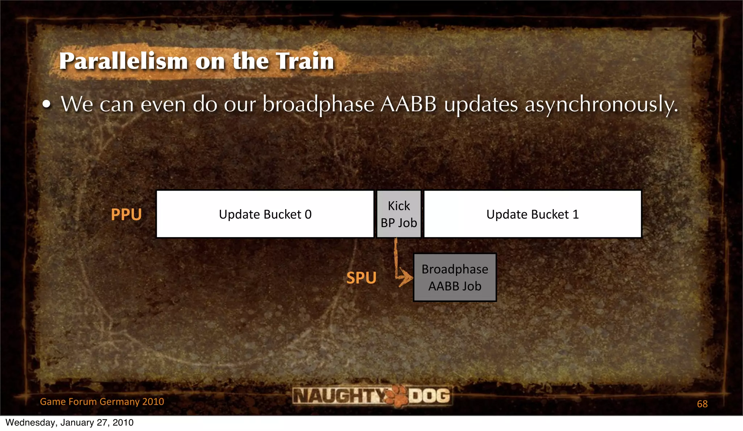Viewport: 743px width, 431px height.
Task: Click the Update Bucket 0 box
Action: click(x=265, y=214)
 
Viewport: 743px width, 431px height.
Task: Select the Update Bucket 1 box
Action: click(x=533, y=214)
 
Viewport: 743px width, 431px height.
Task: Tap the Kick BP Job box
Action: click(x=399, y=214)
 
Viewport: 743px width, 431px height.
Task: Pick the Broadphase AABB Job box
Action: click(x=455, y=278)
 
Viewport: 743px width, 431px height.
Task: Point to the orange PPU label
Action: click(x=126, y=215)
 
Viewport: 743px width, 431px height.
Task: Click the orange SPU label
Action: click(x=361, y=278)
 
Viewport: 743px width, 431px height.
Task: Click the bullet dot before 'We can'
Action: click(x=46, y=105)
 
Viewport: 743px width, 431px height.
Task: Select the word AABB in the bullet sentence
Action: click(x=409, y=104)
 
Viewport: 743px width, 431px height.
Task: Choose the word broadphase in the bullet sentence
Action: click(x=318, y=105)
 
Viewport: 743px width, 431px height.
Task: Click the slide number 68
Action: click(x=702, y=404)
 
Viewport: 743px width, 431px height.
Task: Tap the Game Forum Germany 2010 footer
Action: click(x=102, y=402)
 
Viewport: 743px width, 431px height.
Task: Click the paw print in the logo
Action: click(x=397, y=396)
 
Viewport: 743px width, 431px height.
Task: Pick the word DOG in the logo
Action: click(x=430, y=395)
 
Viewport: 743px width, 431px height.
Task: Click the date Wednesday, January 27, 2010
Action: click(x=70, y=423)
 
